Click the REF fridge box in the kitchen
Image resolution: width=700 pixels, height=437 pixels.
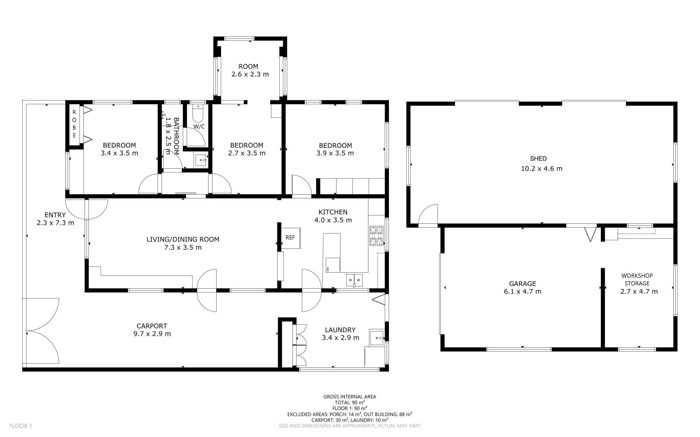pyautogui.click(x=290, y=238)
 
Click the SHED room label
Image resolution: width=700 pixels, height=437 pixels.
pyautogui.click(x=538, y=159)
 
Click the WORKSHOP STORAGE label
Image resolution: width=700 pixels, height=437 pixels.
pyautogui.click(x=637, y=280)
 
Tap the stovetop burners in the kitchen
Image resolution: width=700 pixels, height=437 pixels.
pyautogui.click(x=377, y=236)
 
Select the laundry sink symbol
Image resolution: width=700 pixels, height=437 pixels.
pyautogui.click(x=377, y=338)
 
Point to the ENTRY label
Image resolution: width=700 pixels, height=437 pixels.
pyautogui.click(x=55, y=215)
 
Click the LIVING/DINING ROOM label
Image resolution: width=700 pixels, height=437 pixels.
pyautogui.click(x=183, y=239)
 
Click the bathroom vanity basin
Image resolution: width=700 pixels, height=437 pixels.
pyautogui.click(x=201, y=160)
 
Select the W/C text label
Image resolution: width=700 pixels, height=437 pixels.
pyautogui.click(x=199, y=126)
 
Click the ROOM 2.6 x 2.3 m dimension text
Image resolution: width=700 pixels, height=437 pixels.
pyautogui.click(x=250, y=74)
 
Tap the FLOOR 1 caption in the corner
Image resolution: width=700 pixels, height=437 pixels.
pyautogui.click(x=21, y=426)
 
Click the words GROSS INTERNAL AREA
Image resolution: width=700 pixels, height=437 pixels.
pyautogui.click(x=350, y=397)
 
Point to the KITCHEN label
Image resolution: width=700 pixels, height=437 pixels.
pyautogui.click(x=333, y=212)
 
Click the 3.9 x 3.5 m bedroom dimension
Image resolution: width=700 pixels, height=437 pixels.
pyautogui.click(x=335, y=153)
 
